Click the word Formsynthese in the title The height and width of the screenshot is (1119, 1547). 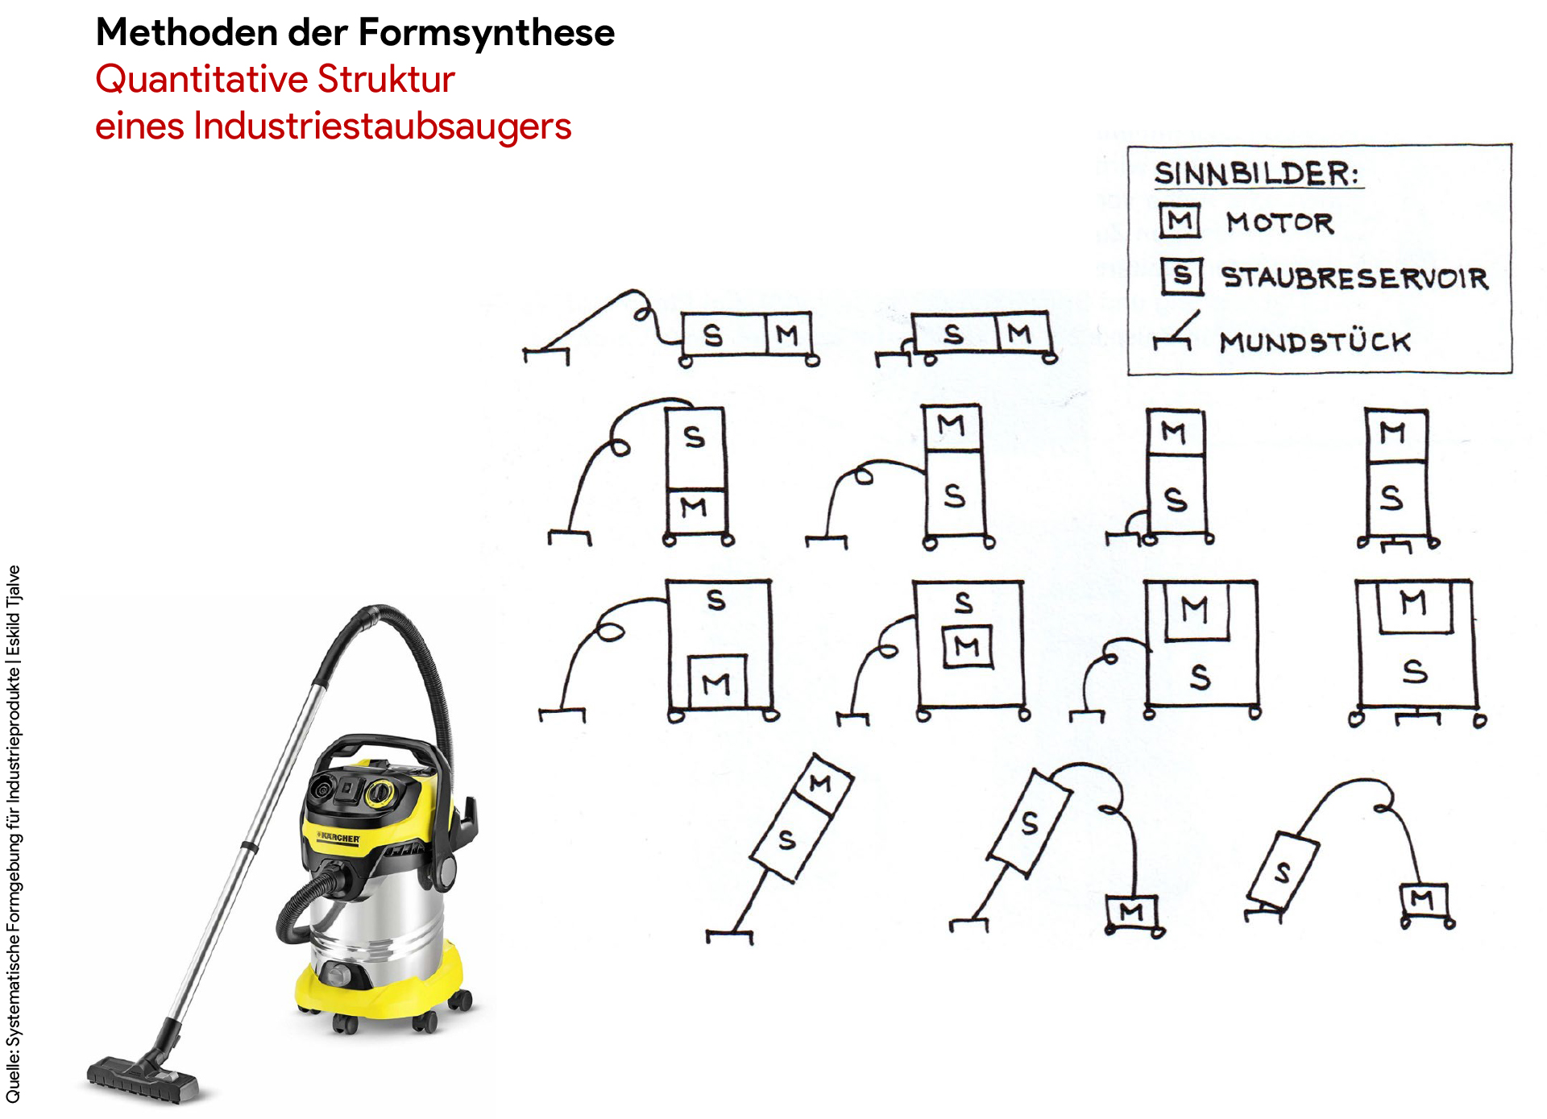click(486, 34)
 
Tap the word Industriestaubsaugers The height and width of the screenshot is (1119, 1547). click(382, 126)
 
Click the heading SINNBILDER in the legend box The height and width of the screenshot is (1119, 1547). click(1257, 173)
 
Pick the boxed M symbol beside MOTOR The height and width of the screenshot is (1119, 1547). click(1180, 221)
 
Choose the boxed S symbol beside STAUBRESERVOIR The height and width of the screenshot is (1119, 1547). click(1182, 276)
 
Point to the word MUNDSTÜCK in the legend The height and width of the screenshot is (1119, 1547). click(1315, 342)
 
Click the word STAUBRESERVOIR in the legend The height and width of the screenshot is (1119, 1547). click(1354, 277)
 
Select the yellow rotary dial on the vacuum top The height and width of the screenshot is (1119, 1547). click(379, 794)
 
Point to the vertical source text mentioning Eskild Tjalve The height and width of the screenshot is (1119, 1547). click(14, 834)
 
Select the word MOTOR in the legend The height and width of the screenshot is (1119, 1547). click(1279, 222)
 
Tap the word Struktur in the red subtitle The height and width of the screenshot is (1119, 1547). click(387, 79)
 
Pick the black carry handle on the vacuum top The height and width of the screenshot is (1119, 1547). click(379, 753)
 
